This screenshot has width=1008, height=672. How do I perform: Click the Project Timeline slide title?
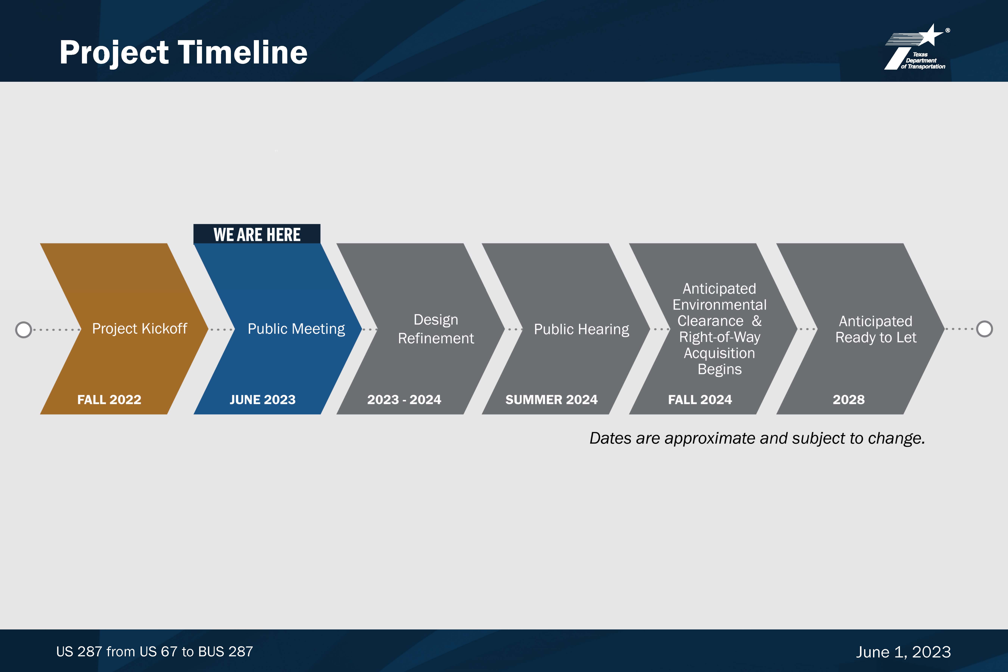pos(183,52)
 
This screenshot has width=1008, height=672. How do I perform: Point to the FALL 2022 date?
pos(109,399)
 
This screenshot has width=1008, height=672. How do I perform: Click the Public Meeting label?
pos(296,329)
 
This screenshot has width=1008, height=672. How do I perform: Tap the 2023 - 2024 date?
pos(404,399)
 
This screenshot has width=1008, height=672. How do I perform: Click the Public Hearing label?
pos(582,329)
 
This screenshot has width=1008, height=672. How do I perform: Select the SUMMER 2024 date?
pos(552,399)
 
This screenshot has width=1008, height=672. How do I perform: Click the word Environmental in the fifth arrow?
pos(720,305)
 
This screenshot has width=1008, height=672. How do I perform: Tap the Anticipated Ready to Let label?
pos(876,329)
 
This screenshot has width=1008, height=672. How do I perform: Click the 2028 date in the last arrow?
pos(849,399)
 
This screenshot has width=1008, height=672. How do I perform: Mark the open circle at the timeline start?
pos(24,330)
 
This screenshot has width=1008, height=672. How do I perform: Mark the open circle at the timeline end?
pos(984,329)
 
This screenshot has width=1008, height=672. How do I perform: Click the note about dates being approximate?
pos(757,438)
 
